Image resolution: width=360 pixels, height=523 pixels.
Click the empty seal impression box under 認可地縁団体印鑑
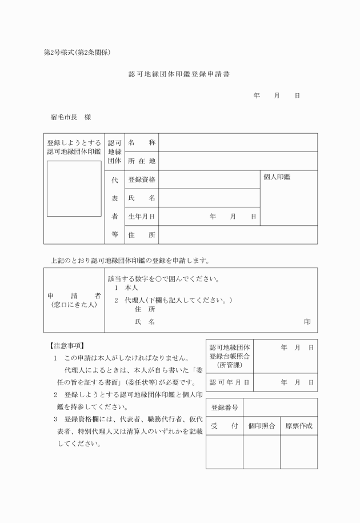(74, 189)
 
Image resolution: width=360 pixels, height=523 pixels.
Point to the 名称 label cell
(142, 142)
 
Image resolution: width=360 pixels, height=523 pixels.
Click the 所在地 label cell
(142, 161)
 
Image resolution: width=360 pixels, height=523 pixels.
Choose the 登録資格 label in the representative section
(142, 179)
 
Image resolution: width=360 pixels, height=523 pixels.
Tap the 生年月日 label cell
(142, 217)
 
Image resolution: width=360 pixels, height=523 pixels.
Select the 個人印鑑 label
(277, 177)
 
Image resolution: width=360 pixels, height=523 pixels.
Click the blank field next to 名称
(238, 142)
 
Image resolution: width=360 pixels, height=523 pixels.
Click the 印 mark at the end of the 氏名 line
(307, 322)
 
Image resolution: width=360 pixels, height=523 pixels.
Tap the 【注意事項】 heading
(67, 346)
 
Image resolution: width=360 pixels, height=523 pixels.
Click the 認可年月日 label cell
(229, 382)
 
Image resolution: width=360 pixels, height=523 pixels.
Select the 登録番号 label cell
(225, 408)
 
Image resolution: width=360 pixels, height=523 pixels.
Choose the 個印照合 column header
(262, 426)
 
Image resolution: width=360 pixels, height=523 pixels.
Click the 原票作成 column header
(299, 426)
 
